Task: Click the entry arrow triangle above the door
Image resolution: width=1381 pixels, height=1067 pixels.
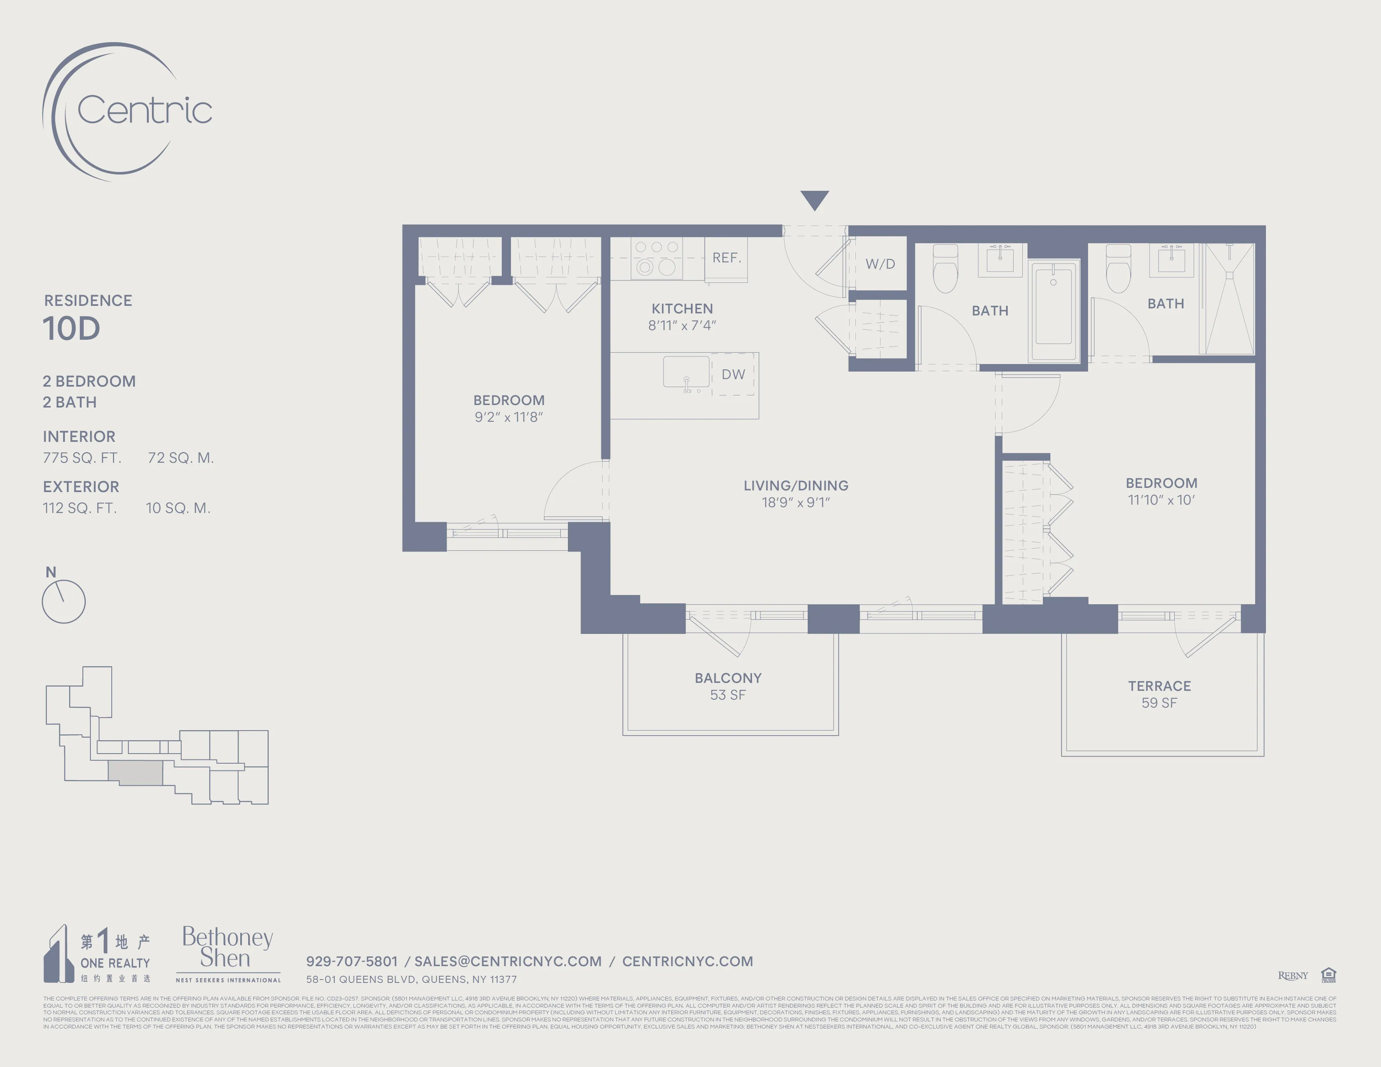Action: pos(814,199)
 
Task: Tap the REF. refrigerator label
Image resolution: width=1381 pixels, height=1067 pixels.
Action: pos(726,258)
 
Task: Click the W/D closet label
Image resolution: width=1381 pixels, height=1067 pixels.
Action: pos(880,264)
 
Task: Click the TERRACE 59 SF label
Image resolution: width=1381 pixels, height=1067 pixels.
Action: pos(1159,694)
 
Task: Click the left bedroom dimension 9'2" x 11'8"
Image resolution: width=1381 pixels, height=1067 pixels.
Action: pos(508,417)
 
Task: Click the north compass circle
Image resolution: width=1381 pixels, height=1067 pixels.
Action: pos(63,601)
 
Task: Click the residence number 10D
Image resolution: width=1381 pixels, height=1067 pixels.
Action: pos(72,329)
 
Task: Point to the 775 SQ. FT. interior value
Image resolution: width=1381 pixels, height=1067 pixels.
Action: pos(82,458)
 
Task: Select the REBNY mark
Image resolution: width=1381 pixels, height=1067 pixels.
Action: pos(1292,975)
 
